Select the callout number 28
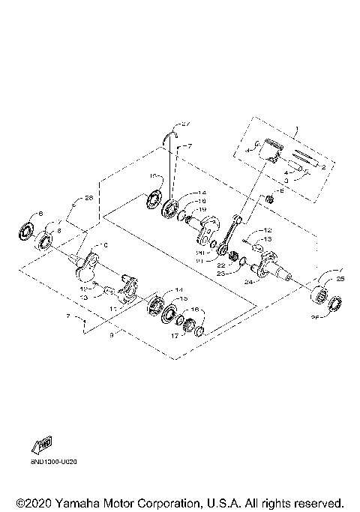tap(88, 199)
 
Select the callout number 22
tap(220, 264)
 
